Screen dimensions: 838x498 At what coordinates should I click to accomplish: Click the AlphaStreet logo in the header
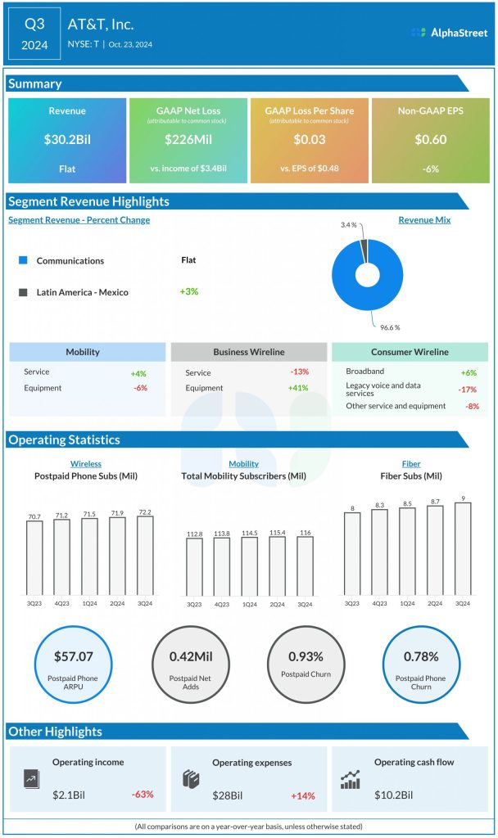click(x=450, y=33)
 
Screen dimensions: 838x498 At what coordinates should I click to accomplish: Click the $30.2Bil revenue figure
click(x=67, y=140)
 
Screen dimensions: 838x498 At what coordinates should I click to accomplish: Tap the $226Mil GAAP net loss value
click(x=188, y=140)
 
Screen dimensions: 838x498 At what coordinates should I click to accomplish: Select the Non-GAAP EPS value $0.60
click(x=430, y=140)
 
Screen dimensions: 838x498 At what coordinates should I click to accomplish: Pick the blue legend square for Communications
click(x=22, y=260)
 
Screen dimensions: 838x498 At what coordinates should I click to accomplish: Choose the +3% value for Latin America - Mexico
click(x=189, y=291)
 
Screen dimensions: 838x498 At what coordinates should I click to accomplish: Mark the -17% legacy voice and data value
click(x=469, y=390)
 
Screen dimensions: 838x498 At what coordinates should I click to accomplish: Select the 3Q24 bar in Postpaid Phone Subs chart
click(x=145, y=555)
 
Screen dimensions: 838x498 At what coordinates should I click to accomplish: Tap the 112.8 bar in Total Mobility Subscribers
click(x=194, y=566)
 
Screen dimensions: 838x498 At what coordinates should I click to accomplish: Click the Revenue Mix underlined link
click(x=424, y=220)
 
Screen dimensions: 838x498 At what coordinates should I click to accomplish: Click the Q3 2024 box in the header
click(x=34, y=34)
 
